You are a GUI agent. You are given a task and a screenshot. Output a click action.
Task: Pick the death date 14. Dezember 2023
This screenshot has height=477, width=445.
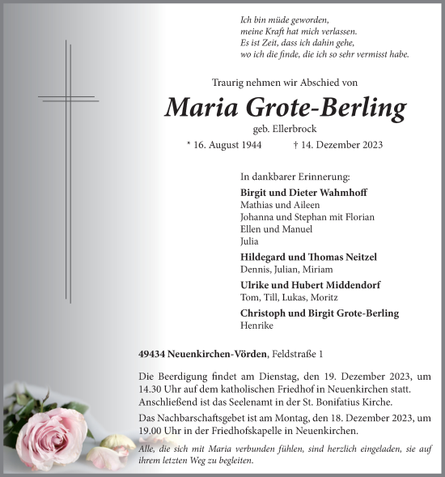pos(363,145)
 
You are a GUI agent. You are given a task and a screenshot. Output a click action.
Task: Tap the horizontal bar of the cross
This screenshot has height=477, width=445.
pos(68,99)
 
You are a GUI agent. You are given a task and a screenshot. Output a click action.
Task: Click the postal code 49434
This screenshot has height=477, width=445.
pos(153,355)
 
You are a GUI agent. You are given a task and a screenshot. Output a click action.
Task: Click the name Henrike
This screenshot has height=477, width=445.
pos(258,325)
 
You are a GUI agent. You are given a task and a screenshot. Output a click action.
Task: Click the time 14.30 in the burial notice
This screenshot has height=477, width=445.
pos(152,388)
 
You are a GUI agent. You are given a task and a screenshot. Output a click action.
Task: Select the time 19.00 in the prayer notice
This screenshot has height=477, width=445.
pos(152,430)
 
